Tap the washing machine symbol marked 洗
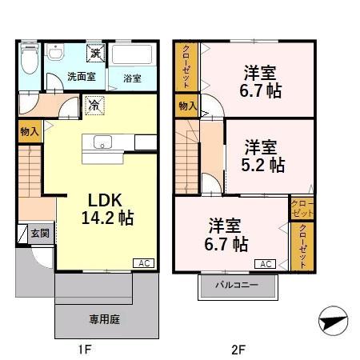[x=94, y=54]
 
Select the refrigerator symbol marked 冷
[x=94, y=104]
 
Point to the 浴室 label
[x=132, y=78]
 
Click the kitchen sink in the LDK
[x=104, y=143]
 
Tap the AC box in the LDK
[x=142, y=262]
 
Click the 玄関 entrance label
[x=40, y=234]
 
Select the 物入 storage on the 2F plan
[x=187, y=106]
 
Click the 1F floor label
[x=86, y=349]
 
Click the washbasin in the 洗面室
[x=55, y=54]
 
